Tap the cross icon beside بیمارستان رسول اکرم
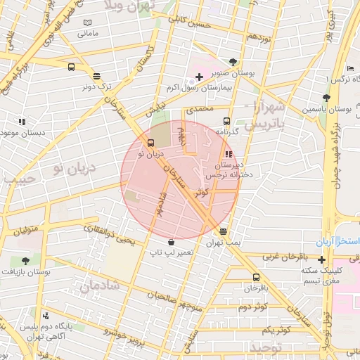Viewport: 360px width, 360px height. point(199,76)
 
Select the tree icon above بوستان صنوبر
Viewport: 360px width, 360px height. point(233,62)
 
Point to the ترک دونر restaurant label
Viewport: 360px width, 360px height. point(97,86)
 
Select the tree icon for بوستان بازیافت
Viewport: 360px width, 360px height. point(26,261)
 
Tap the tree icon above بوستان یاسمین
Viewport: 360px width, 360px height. point(326,98)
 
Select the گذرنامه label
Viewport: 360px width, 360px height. point(226,131)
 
